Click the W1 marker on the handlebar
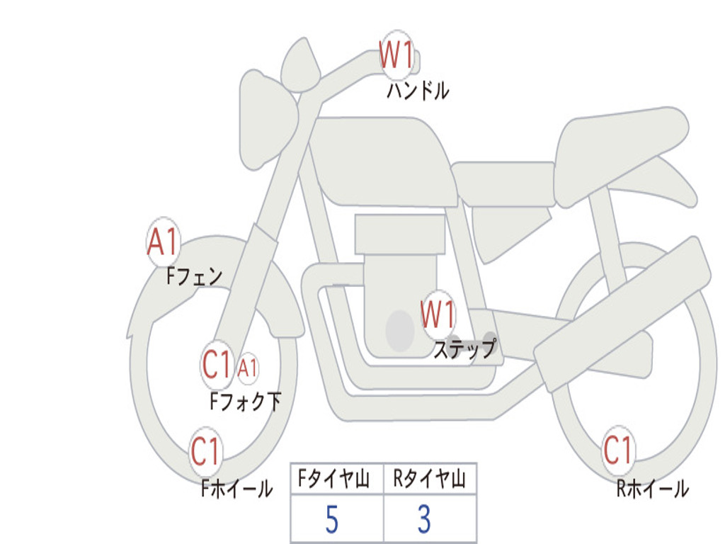tap(396, 55)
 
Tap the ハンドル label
tap(418, 90)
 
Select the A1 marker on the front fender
tap(164, 242)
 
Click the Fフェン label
tap(195, 276)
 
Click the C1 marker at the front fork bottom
tap(217, 365)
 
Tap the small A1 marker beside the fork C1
tap(247, 368)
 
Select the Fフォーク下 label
tap(246, 402)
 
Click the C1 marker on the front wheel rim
tap(205, 451)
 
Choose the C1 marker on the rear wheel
tap(617, 450)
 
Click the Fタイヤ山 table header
tap(334, 478)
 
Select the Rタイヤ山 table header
tap(429, 478)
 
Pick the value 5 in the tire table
tap(331, 519)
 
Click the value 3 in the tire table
tap(425, 519)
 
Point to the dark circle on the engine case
tap(400, 331)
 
